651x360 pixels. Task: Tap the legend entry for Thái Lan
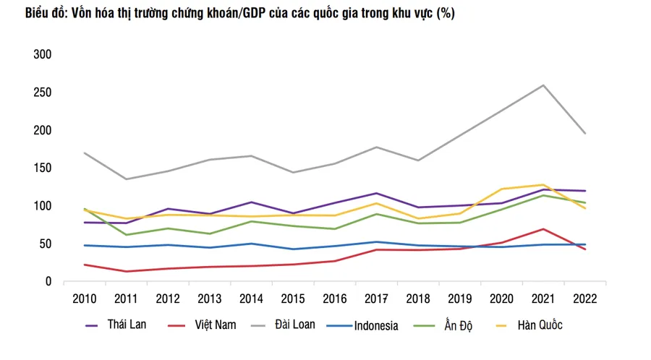[127, 325]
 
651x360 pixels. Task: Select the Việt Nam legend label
[215, 325]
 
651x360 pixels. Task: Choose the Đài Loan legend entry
[295, 325]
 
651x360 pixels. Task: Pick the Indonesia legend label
[376, 325]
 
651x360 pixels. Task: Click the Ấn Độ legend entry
[459, 325]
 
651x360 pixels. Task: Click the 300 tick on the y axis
[42, 55]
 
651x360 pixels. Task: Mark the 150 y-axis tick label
[42, 168]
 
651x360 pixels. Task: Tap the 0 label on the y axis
[48, 282]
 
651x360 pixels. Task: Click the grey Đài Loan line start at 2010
[85, 153]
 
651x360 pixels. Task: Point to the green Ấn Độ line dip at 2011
[127, 235]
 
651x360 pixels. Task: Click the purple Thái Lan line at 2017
[376, 193]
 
